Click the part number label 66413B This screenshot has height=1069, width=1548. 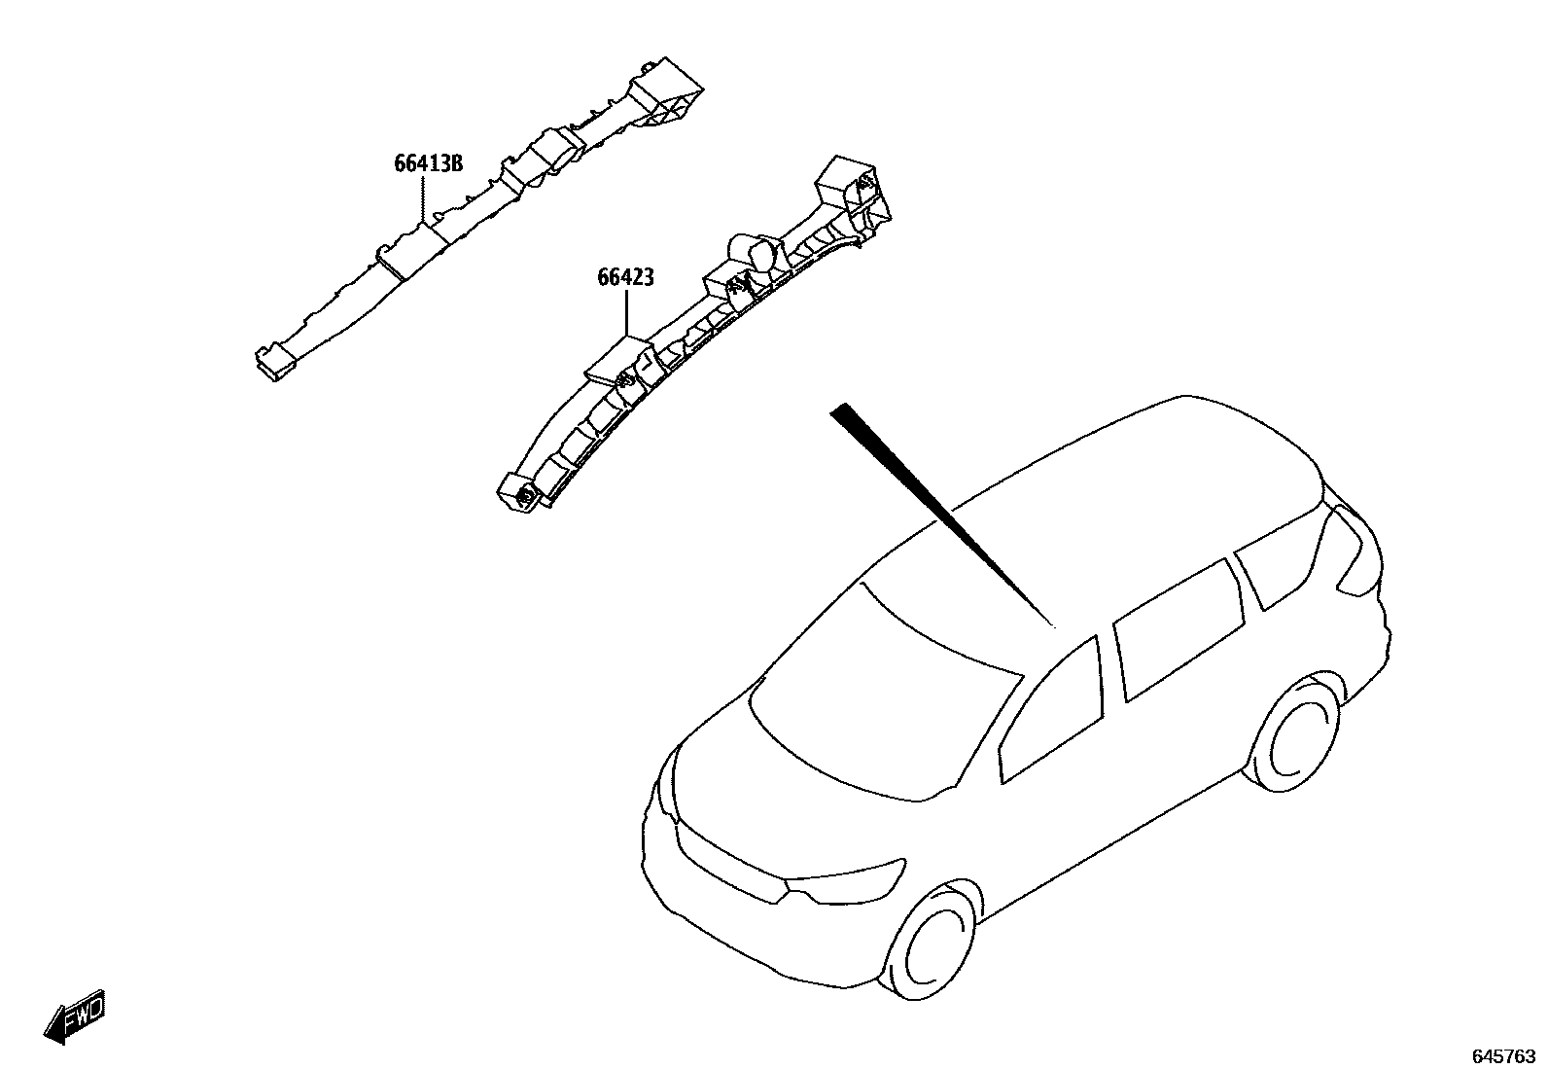429,163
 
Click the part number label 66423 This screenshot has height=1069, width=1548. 625,277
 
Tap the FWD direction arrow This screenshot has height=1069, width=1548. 75,1016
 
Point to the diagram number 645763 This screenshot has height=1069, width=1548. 1504,1056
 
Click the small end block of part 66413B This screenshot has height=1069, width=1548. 275,363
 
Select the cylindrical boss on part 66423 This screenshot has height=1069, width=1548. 755,253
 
